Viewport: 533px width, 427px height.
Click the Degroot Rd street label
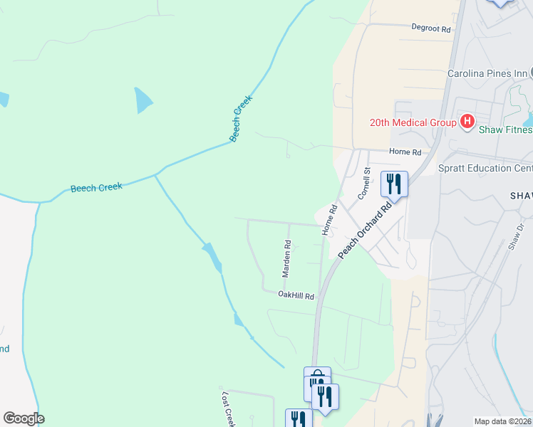point(432,29)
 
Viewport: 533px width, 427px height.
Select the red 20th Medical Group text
point(413,122)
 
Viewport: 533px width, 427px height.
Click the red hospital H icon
point(467,122)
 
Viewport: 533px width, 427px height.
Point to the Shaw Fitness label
point(505,130)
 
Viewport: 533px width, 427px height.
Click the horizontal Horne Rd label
point(405,152)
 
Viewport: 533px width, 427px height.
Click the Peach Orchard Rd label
point(366,230)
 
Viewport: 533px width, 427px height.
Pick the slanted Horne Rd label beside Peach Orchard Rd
point(329,220)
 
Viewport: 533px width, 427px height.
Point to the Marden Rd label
point(286,258)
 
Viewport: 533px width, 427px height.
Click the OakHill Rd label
point(296,295)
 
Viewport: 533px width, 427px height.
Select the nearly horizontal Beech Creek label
point(96,188)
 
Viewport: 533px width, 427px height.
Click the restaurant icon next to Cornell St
point(394,184)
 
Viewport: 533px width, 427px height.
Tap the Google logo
point(24,418)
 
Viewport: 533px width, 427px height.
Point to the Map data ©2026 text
point(502,421)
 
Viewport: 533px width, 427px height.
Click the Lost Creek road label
point(228,409)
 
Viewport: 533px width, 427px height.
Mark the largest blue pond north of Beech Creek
point(143,100)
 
